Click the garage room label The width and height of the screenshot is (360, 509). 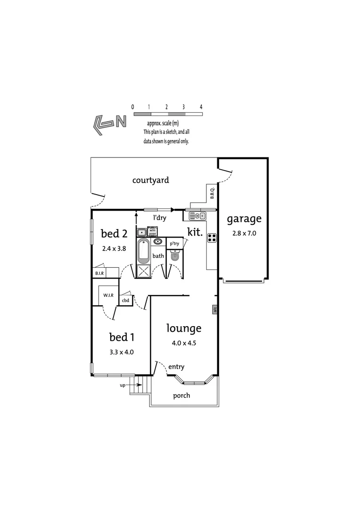244,219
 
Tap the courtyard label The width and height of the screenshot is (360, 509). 150,180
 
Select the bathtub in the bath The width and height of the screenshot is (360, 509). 143,251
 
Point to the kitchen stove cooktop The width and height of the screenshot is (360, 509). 212,238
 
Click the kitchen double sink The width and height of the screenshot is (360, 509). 197,216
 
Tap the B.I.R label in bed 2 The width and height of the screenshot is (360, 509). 99,273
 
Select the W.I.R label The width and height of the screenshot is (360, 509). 108,296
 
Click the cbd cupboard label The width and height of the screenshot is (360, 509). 125,300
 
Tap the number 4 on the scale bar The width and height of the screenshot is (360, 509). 201,107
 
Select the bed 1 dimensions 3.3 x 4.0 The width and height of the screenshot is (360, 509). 122,351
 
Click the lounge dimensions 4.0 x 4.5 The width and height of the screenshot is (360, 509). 184,343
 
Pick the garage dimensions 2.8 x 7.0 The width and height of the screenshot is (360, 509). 244,233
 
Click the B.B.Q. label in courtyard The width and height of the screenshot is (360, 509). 212,193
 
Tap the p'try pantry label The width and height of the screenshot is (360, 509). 174,244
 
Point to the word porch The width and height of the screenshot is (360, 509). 181,395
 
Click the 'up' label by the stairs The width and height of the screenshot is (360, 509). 123,385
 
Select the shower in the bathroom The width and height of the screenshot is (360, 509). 143,271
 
